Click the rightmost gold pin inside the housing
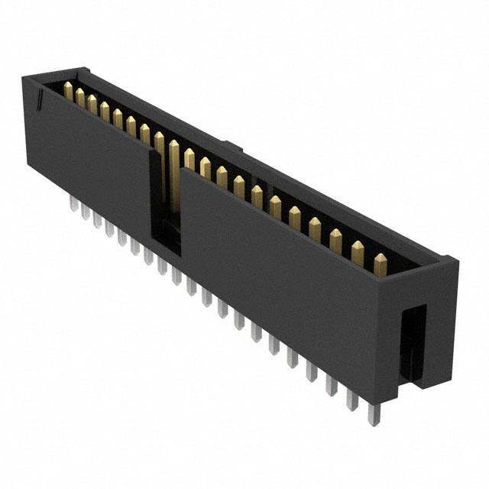pos(378,261)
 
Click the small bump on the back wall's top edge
pos(234,144)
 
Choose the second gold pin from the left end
pos(79,98)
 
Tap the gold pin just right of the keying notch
pos(189,159)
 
